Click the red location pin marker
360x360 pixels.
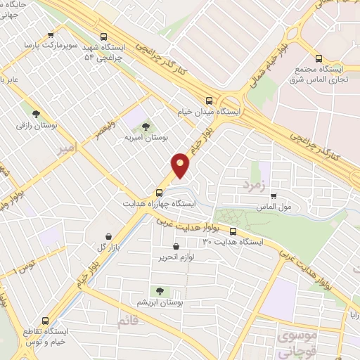181,165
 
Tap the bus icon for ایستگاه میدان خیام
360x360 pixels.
209,100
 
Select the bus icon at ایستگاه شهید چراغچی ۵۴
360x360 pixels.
104,37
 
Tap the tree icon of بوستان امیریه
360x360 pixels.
146,127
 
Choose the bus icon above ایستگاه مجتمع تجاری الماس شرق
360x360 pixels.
319,59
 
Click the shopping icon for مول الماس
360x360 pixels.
273,196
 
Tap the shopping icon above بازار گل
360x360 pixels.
108,237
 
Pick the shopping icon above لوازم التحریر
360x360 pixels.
176,247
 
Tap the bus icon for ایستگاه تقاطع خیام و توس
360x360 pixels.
46,318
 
